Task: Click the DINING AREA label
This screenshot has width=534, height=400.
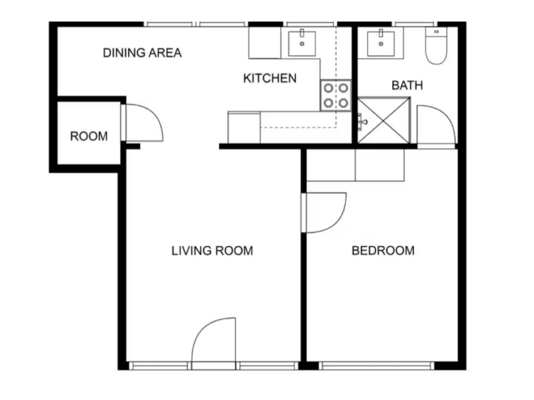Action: click(142, 53)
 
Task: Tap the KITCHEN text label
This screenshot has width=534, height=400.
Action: click(270, 78)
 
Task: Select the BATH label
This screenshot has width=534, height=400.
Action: click(407, 85)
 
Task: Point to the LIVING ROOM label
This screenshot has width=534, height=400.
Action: click(212, 251)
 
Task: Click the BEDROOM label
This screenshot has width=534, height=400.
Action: click(382, 251)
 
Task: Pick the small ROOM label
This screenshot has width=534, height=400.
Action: click(89, 137)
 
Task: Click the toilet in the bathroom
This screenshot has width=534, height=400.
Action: click(437, 45)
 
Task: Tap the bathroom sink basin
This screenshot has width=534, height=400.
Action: click(380, 43)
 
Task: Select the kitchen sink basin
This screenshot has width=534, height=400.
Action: click(302, 43)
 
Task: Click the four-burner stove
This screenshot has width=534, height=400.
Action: click(336, 95)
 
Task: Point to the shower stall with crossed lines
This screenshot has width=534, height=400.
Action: click(383, 121)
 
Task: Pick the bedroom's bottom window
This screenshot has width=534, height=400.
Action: click(376, 366)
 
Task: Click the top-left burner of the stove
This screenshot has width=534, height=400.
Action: click(328, 88)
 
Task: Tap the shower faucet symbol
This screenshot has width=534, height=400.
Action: click(362, 122)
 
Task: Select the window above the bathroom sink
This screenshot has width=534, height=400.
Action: click(414, 24)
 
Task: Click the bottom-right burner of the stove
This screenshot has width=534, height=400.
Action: click(343, 103)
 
